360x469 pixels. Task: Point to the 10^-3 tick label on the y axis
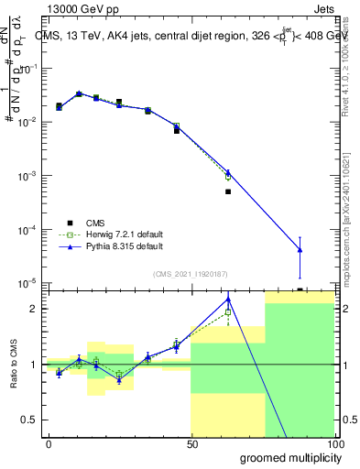pos(28,176)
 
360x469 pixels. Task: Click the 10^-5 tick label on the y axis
pos(28,283)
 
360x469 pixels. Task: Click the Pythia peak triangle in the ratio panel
pos(228,299)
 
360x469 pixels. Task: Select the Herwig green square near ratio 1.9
pos(228,312)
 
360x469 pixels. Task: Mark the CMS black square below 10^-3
pos(228,192)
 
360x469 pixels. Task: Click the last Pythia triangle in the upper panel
pos(300,250)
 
